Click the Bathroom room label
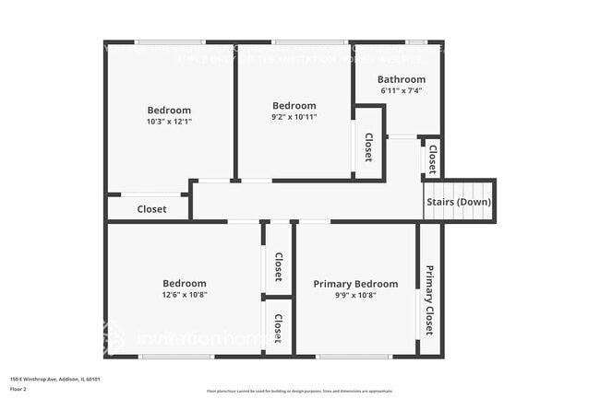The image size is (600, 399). pos(402,79)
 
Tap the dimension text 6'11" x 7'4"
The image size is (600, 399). pos(402,91)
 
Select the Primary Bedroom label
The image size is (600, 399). pos(355,284)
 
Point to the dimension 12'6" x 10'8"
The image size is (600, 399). pos(185,295)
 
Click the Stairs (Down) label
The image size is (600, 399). pos(459,202)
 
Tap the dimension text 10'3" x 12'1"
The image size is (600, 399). pos(169,122)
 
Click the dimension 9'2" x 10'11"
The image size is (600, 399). pos(294,117)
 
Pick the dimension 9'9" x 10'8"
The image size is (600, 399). pos(355,295)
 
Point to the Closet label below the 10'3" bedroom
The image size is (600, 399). pos(151,209)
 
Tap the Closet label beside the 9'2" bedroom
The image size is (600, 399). pos(368,147)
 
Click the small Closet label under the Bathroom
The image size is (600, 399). pos(432,157)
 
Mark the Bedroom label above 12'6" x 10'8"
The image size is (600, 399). pos(185,283)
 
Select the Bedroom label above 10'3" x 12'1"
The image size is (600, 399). pos(169,111)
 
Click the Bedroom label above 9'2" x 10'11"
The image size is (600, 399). pos(294,105)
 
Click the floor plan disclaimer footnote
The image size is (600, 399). pos(300,391)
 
